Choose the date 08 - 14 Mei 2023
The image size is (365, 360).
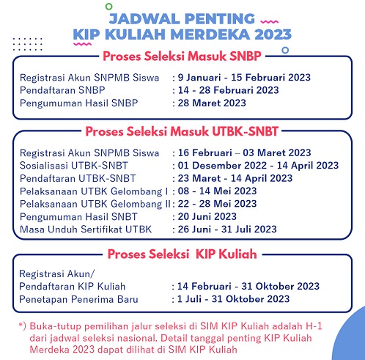pyautogui.click(x=219, y=191)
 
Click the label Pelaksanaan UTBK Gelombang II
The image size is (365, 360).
pyautogui.click(x=93, y=203)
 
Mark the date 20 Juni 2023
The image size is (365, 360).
pyautogui.click(x=210, y=216)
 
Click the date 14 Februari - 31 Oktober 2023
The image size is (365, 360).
pyautogui.click(x=246, y=286)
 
